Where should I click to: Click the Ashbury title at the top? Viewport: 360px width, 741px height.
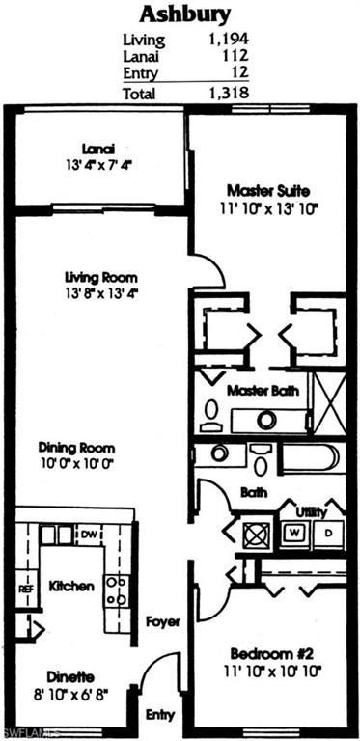pyautogui.click(x=184, y=14)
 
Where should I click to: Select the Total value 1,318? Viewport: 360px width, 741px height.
pyautogui.click(x=229, y=93)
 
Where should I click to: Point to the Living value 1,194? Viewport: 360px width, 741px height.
pyautogui.click(x=229, y=41)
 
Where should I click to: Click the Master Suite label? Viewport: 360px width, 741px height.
pyautogui.click(x=265, y=189)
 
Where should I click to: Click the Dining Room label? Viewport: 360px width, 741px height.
pyautogui.click(x=76, y=448)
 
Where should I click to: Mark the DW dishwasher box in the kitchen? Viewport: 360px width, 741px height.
pyautogui.click(x=88, y=534)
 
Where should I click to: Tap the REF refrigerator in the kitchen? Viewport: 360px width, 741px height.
pyautogui.click(x=25, y=588)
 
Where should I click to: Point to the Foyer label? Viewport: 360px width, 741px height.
pyautogui.click(x=163, y=622)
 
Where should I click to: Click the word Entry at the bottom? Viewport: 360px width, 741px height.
pyautogui.click(x=160, y=715)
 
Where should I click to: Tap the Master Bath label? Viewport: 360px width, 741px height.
pyautogui.click(x=263, y=392)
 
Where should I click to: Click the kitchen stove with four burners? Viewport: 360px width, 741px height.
pyautogui.click(x=117, y=589)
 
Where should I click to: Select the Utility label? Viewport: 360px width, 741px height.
pyautogui.click(x=311, y=511)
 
